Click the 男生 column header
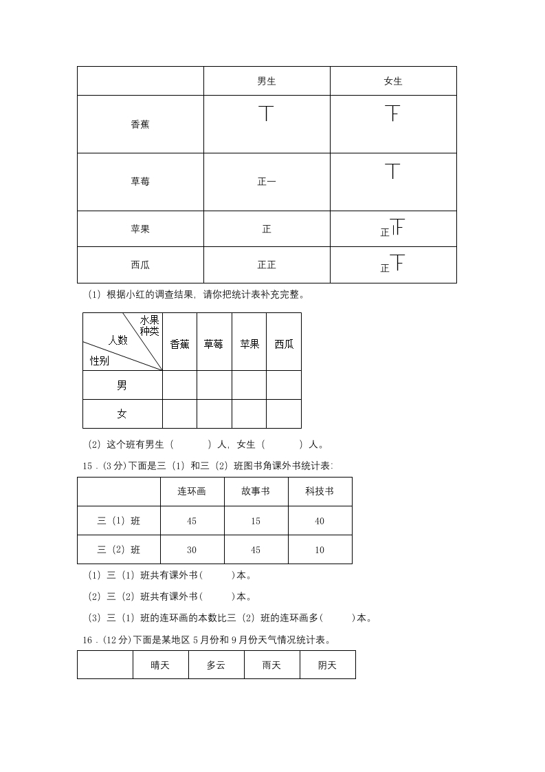[267, 81]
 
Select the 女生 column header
[393, 81]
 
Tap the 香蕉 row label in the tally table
[140, 125]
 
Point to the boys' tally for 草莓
[267, 182]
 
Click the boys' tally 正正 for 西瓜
[267, 264]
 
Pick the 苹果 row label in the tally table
[140, 228]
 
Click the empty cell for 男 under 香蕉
[179, 385]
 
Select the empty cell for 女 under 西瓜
[284, 414]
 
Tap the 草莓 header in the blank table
[214, 344]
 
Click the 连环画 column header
[192, 491]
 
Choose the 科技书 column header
[320, 491]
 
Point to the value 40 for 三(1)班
[320, 521]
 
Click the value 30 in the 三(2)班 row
[192, 550]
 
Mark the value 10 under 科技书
[320, 550]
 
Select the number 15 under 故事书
[256, 521]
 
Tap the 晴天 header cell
[160, 665]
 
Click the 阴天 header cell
[327, 665]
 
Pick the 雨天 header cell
[271, 665]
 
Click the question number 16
[87, 640]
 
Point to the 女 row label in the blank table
[122, 414]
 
